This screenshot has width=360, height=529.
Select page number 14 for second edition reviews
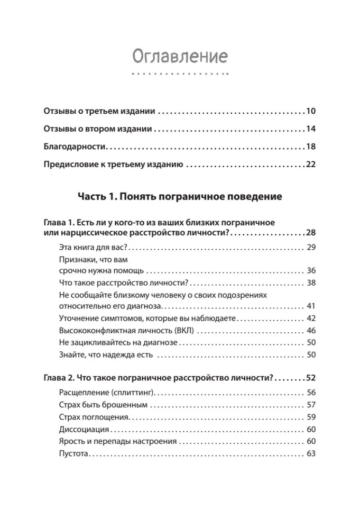(310, 129)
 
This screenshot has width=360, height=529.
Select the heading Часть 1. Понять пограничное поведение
(180, 197)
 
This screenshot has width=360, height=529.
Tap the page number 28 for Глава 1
(310, 233)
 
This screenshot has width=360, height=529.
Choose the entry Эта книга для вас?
(92, 248)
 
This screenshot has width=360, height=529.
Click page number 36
(311, 270)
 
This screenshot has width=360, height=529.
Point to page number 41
(311, 306)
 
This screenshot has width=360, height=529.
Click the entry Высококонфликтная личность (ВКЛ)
(125, 331)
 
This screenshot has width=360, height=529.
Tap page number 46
(311, 331)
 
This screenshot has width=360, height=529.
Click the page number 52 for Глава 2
(310, 378)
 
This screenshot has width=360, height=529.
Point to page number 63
(311, 453)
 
